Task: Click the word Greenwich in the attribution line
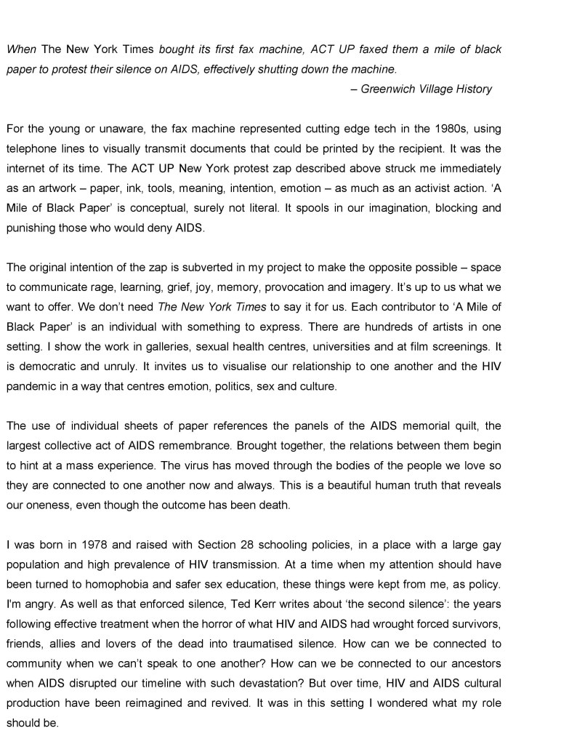pyautogui.click(x=386, y=89)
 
